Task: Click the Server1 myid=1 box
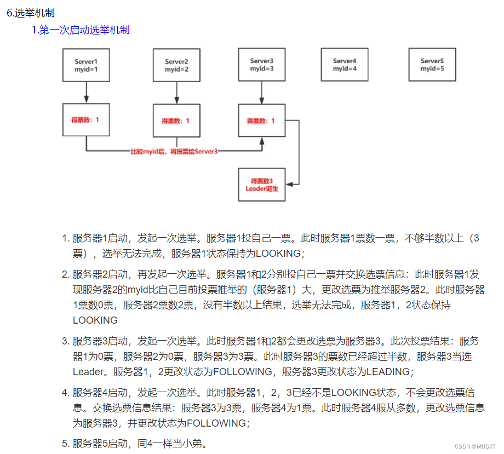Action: [x=86, y=65]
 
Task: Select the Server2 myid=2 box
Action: [x=176, y=65]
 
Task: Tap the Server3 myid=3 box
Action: [x=261, y=65]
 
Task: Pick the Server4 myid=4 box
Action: [x=345, y=65]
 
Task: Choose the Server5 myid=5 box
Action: [x=432, y=65]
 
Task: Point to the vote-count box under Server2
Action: [x=176, y=120]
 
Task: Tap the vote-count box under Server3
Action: [x=261, y=120]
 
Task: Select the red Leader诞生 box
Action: [x=261, y=185]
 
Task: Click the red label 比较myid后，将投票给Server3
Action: [x=174, y=151]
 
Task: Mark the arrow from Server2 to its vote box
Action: [x=176, y=93]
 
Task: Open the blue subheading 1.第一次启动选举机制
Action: [x=81, y=30]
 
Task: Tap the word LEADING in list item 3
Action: [x=387, y=372]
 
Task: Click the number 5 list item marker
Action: [x=65, y=444]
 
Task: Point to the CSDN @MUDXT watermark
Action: [x=475, y=446]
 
